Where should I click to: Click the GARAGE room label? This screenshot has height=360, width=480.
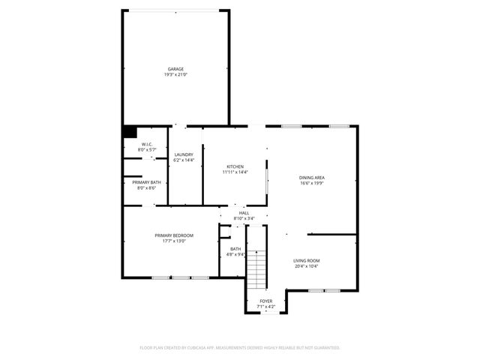(175, 69)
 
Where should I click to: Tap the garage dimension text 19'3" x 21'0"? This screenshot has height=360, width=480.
(175, 75)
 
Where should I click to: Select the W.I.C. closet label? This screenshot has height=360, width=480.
(146, 145)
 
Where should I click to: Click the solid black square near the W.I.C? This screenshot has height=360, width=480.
(130, 131)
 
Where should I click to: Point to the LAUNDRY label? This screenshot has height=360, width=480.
(184, 154)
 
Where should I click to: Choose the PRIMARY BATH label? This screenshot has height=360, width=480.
(146, 182)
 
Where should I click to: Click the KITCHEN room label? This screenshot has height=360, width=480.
(235, 166)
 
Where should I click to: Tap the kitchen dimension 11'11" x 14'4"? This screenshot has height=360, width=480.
(235, 172)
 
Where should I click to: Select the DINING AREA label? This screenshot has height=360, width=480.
(312, 177)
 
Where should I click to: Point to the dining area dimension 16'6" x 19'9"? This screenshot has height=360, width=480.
(312, 183)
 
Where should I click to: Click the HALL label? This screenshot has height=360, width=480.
(244, 213)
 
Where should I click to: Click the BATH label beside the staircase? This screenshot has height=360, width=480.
(235, 249)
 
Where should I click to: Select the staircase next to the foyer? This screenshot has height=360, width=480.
(257, 268)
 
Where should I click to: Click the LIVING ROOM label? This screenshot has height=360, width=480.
(306, 260)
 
